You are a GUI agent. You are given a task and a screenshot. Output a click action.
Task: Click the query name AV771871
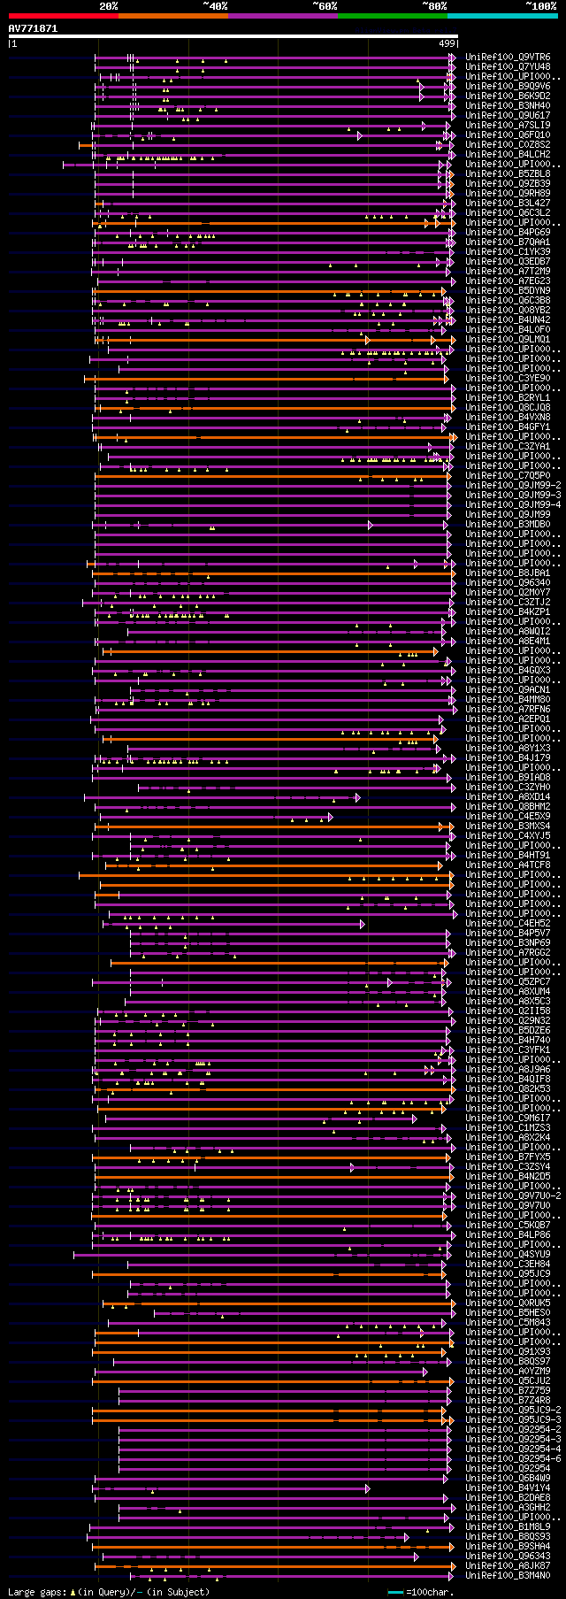point(33,28)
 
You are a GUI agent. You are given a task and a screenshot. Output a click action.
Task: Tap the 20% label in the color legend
point(109,5)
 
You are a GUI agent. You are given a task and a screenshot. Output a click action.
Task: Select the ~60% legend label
point(325,5)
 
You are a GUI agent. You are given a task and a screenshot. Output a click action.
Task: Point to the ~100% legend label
point(541,5)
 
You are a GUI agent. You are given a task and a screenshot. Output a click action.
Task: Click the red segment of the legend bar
point(63,15)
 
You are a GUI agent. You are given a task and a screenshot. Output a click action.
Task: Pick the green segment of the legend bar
point(392,15)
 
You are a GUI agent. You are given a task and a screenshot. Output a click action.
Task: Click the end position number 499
point(447,42)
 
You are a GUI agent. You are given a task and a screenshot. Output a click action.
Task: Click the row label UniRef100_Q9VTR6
point(508,57)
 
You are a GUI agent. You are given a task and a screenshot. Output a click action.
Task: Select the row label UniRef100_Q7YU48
point(508,66)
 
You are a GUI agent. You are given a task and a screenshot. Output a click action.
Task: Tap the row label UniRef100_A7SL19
point(508,125)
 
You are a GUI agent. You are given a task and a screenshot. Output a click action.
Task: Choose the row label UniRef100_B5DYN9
point(508,290)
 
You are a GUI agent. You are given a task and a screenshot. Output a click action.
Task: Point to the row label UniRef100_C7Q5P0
point(508,475)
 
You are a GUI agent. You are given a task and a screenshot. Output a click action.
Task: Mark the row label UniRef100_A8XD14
point(508,796)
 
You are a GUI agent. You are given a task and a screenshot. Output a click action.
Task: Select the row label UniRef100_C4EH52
point(508,923)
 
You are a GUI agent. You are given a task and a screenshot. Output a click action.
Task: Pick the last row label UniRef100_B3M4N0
point(508,1575)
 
